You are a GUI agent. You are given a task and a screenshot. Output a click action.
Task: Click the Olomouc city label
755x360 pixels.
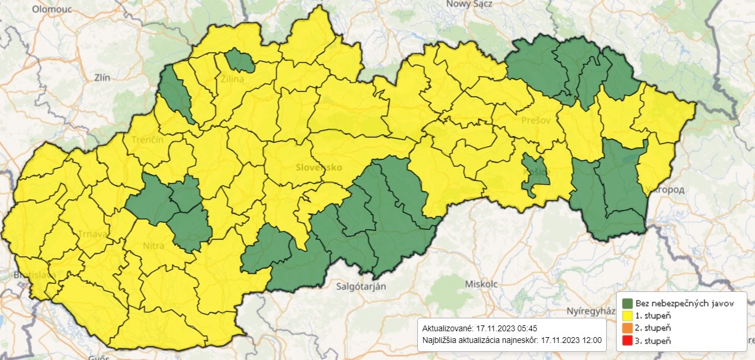(x=52, y=9)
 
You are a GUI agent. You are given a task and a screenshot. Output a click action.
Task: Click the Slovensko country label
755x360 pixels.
(x=319, y=167)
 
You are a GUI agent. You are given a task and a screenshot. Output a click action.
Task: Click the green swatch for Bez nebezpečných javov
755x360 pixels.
(x=627, y=303)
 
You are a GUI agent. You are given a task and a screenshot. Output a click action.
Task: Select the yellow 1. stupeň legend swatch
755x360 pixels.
(x=627, y=315)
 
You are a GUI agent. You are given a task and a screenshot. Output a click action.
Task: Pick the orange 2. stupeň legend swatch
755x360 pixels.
(x=627, y=328)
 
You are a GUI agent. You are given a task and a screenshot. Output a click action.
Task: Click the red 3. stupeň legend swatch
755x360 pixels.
(x=627, y=340)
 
